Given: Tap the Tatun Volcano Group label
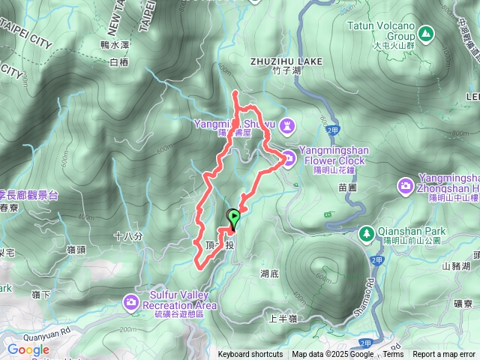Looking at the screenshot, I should [x=381, y=30].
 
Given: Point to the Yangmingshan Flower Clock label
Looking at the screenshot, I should [x=331, y=155].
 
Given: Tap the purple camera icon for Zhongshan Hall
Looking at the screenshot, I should [x=406, y=184].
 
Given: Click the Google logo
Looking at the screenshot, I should [x=28, y=350].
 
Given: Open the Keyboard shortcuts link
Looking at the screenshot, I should [x=250, y=355].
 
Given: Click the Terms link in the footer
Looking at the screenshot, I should [x=393, y=355].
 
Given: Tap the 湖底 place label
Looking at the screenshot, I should [x=270, y=274].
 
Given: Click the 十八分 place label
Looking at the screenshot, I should [x=127, y=235].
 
